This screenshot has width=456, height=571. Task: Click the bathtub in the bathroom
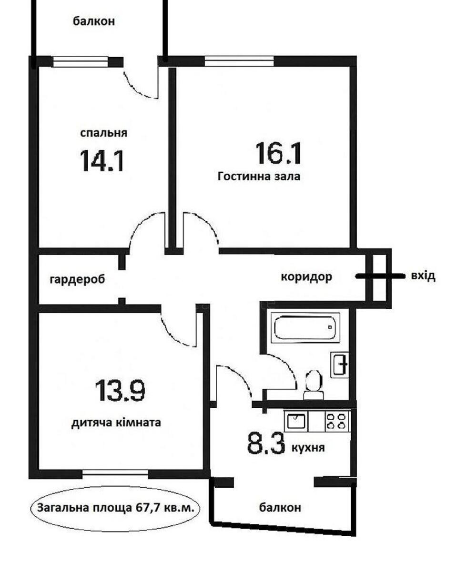pyautogui.click(x=305, y=327)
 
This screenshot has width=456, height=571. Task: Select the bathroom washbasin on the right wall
pyautogui.click(x=340, y=365)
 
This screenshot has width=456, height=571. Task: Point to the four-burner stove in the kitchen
pyautogui.click(x=337, y=422)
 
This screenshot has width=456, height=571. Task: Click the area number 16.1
pyautogui.click(x=278, y=153)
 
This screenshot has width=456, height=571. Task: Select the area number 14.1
pyautogui.click(x=102, y=160)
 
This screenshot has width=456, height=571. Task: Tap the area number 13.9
pyautogui.click(x=120, y=391)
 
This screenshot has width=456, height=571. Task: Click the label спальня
pyautogui.click(x=103, y=133)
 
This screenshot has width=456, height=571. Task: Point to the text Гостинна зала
pyautogui.click(x=259, y=177)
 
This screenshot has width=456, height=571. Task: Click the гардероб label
pyautogui.click(x=77, y=279)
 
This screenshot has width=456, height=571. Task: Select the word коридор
pyautogui.click(x=306, y=276)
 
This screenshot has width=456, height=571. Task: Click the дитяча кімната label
pyautogui.click(x=116, y=422)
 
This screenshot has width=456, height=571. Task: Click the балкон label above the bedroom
pyautogui.click(x=94, y=21)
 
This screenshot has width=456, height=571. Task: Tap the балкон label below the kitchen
pyautogui.click(x=280, y=508)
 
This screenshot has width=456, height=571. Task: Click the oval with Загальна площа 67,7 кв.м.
pyautogui.click(x=116, y=508)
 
